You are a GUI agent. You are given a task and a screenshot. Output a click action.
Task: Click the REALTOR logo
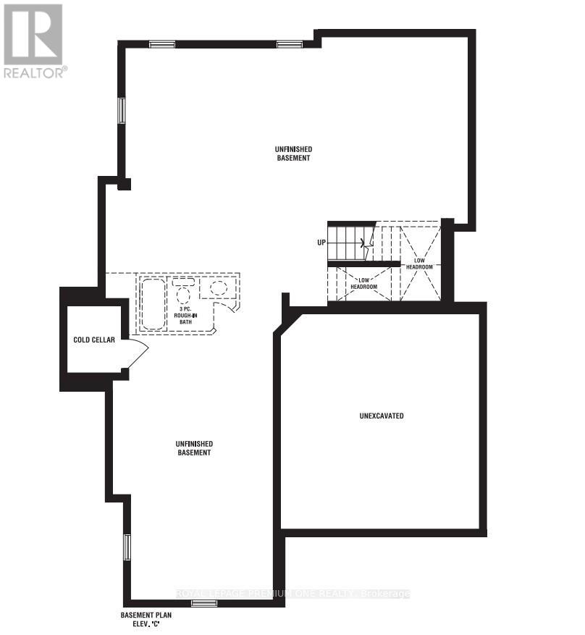tap(33, 40)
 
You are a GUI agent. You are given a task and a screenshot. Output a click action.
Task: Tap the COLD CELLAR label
tap(94, 340)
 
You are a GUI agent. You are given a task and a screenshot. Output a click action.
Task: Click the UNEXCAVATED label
tap(381, 416)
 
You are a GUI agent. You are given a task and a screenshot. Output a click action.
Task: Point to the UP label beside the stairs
tap(321, 243)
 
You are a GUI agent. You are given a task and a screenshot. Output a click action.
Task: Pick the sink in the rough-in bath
tap(217, 287)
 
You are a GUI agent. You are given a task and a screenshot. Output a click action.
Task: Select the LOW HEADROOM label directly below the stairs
tap(364, 283)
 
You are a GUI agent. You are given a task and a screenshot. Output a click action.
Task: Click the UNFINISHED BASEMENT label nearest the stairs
tap(292, 154)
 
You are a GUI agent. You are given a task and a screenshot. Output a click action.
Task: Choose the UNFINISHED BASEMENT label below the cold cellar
tap(193, 447)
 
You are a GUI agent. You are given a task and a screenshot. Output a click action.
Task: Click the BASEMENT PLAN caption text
tap(145, 615)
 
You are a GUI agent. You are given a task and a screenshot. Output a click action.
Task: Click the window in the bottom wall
tap(203, 603)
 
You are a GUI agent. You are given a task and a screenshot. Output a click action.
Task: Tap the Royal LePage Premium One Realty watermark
tap(292, 594)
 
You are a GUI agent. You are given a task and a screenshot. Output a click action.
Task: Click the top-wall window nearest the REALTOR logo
tap(162, 44)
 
